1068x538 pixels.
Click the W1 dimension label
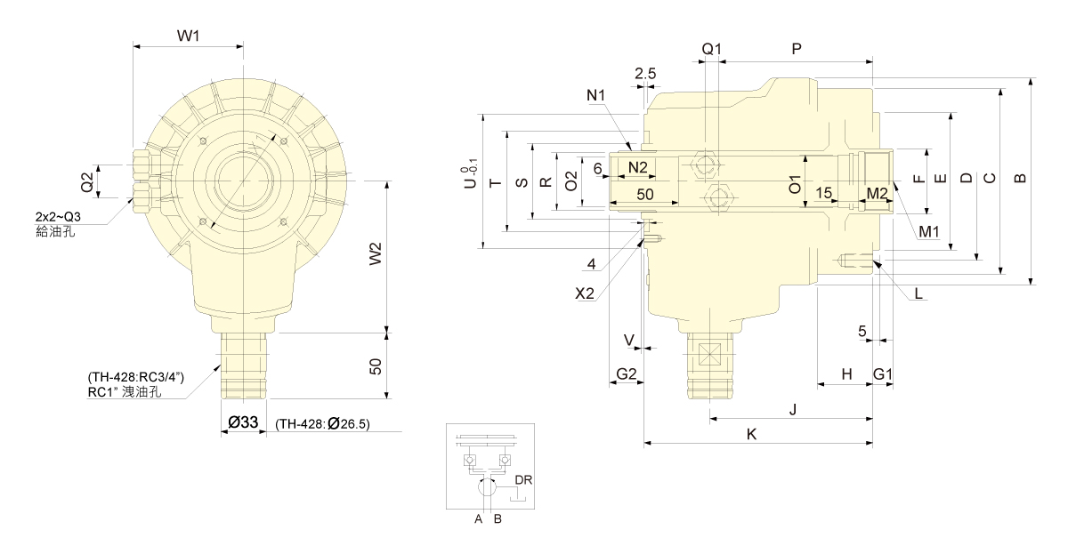187,36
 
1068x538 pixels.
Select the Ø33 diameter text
242,424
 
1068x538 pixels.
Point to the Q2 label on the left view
87,182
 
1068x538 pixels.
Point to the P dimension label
797,50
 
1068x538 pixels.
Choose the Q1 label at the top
711,50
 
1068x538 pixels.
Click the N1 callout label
595,94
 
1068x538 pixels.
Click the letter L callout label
918,292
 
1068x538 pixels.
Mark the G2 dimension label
627,373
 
